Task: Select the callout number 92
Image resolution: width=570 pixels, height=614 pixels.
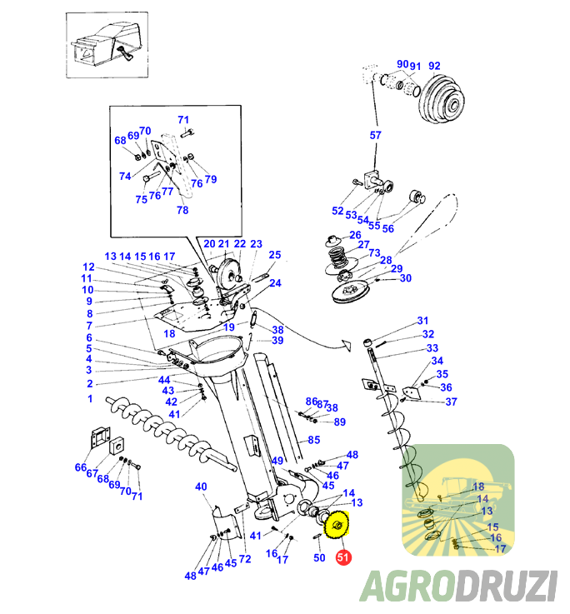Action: tap(434, 67)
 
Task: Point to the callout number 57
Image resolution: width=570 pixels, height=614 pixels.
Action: tap(375, 134)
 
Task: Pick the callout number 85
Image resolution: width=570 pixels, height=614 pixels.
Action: tap(314, 440)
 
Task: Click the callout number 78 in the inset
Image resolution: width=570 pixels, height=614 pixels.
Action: tap(182, 211)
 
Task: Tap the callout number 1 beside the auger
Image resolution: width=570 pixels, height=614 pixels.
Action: tap(90, 399)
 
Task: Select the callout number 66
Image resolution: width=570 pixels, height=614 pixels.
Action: tap(81, 467)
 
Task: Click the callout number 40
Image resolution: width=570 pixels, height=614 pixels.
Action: tap(201, 487)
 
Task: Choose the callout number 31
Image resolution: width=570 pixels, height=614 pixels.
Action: tap(422, 321)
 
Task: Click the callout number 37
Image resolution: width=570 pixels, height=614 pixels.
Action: tap(451, 402)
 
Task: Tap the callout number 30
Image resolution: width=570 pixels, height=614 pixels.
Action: tap(406, 278)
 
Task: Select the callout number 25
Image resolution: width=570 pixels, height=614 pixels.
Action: tap(275, 254)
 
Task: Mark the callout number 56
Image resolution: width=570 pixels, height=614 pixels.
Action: tap(388, 229)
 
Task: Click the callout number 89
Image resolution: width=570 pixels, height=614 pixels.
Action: tap(340, 422)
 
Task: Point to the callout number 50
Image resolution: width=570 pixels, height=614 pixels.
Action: tap(319, 558)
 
